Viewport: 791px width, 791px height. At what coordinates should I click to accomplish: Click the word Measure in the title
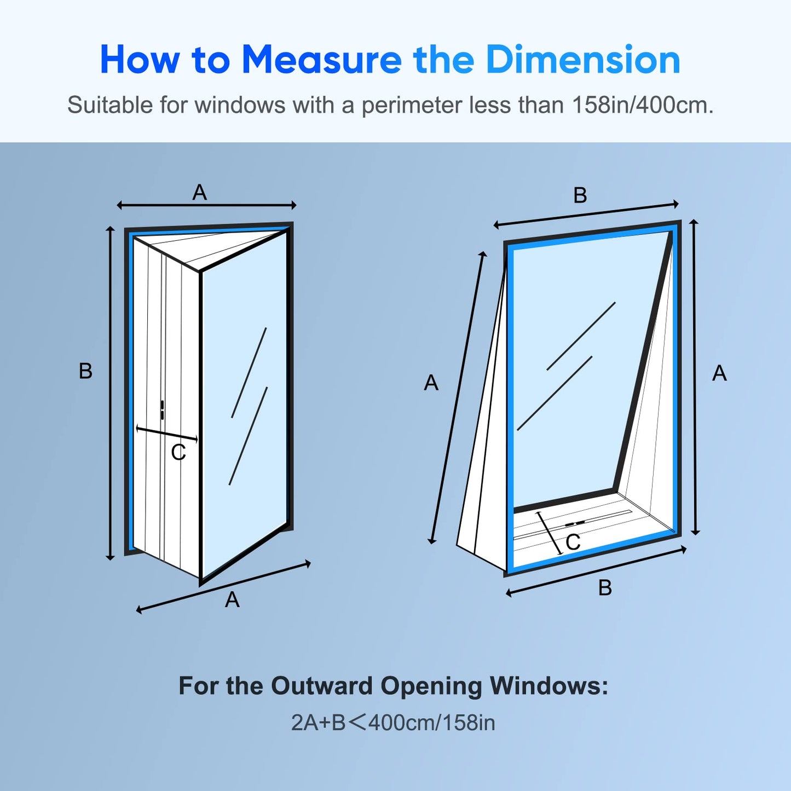coord(321,60)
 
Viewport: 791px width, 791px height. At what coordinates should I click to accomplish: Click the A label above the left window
coord(199,192)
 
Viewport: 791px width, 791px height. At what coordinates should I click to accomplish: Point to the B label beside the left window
coord(85,371)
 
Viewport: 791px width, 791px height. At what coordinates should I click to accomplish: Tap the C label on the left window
coord(178,452)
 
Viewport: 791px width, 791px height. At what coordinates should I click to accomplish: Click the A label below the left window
coord(232,600)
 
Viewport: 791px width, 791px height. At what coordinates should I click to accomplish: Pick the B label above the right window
coord(580,195)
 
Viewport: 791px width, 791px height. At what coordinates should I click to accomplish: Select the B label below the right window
coord(605,588)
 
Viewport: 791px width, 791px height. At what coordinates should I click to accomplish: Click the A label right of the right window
coord(720,373)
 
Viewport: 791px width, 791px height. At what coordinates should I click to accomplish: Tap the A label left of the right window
coord(431,383)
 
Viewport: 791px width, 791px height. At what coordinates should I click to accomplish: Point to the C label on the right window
coord(573,542)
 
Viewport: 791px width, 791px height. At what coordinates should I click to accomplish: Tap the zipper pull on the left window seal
coord(163,409)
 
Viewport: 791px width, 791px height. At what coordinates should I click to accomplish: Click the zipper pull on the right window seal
coord(575,523)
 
